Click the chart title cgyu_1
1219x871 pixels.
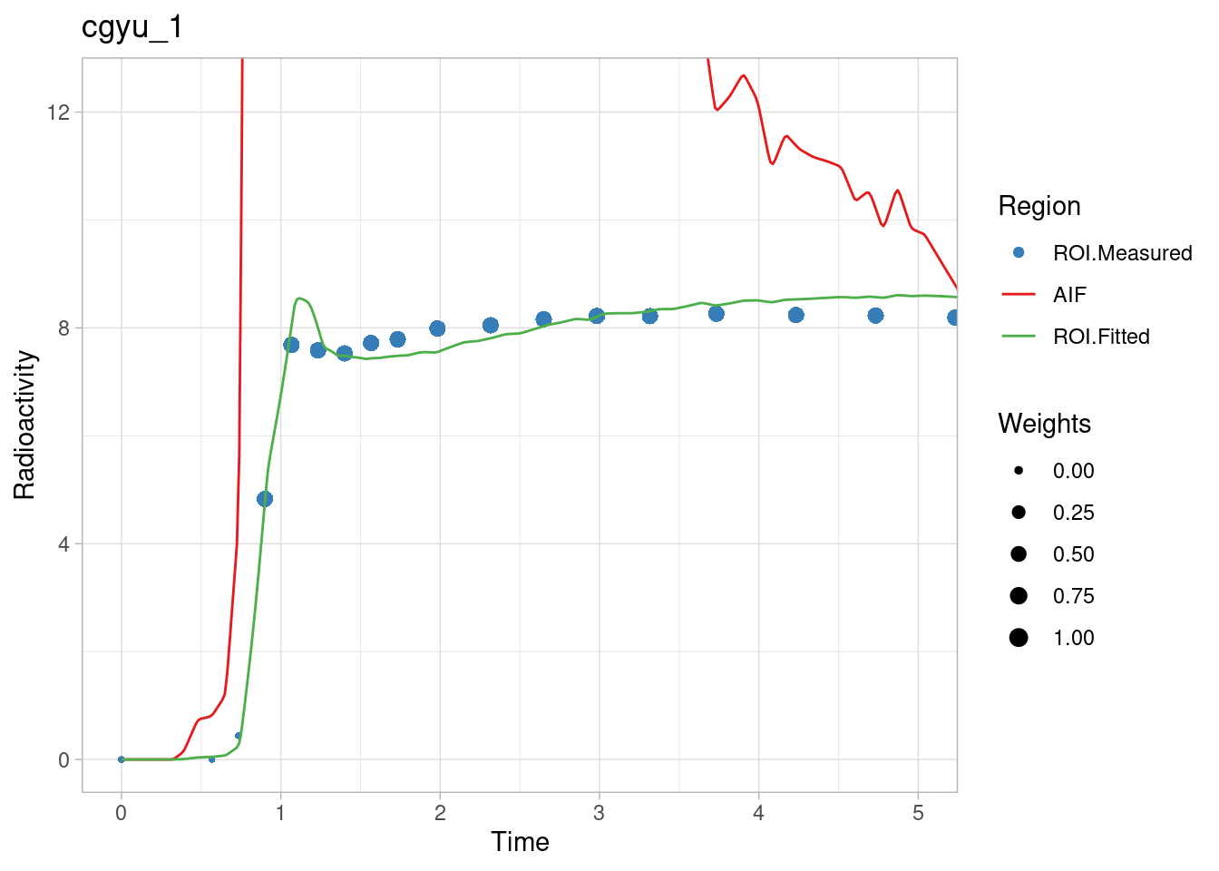(x=132, y=27)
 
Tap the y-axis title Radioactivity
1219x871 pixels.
(x=25, y=425)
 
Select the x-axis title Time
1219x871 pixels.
(x=520, y=842)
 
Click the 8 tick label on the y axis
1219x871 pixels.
(x=63, y=328)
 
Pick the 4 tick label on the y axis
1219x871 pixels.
(x=63, y=544)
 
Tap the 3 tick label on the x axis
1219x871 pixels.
(x=599, y=813)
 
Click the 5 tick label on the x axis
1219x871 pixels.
(x=918, y=813)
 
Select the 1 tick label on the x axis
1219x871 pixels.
(x=280, y=813)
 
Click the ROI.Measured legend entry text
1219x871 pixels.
(x=1122, y=253)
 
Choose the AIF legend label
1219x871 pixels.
(x=1069, y=295)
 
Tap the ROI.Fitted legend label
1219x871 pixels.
(x=1101, y=337)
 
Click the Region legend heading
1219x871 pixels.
(x=1039, y=206)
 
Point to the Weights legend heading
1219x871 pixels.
(x=1044, y=424)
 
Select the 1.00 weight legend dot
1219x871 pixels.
(x=1019, y=638)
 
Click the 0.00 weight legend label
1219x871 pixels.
(x=1073, y=471)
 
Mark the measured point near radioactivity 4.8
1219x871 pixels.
(x=265, y=499)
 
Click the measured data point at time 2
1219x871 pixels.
(x=437, y=328)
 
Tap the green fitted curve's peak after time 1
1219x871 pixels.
(x=298, y=298)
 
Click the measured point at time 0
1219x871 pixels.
(x=122, y=759)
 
